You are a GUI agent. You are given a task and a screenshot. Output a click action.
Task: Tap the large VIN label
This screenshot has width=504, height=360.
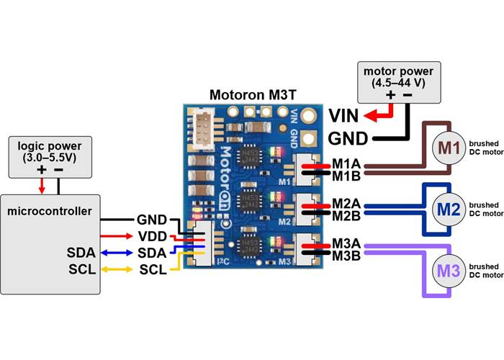point(344,115)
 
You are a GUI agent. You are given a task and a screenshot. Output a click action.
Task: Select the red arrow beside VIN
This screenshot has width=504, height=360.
point(379,114)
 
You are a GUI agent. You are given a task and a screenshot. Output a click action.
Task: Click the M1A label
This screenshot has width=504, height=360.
point(346,165)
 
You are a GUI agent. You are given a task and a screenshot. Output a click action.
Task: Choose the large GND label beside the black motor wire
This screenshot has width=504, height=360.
point(348,138)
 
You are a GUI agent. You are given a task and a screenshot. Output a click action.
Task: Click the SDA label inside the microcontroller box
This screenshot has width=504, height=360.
point(80,253)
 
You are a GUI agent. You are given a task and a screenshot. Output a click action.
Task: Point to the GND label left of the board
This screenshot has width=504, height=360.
point(152,220)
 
